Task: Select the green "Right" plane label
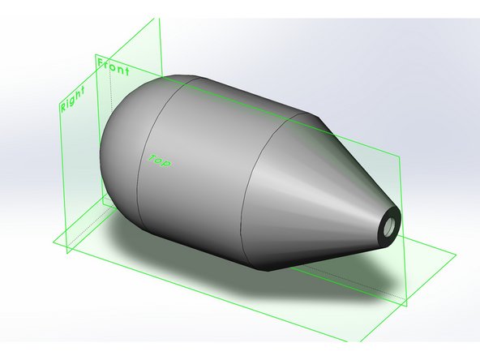click(72, 97)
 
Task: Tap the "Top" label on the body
click(159, 157)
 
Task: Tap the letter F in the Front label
click(101, 62)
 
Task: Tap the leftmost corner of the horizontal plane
click(51, 241)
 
